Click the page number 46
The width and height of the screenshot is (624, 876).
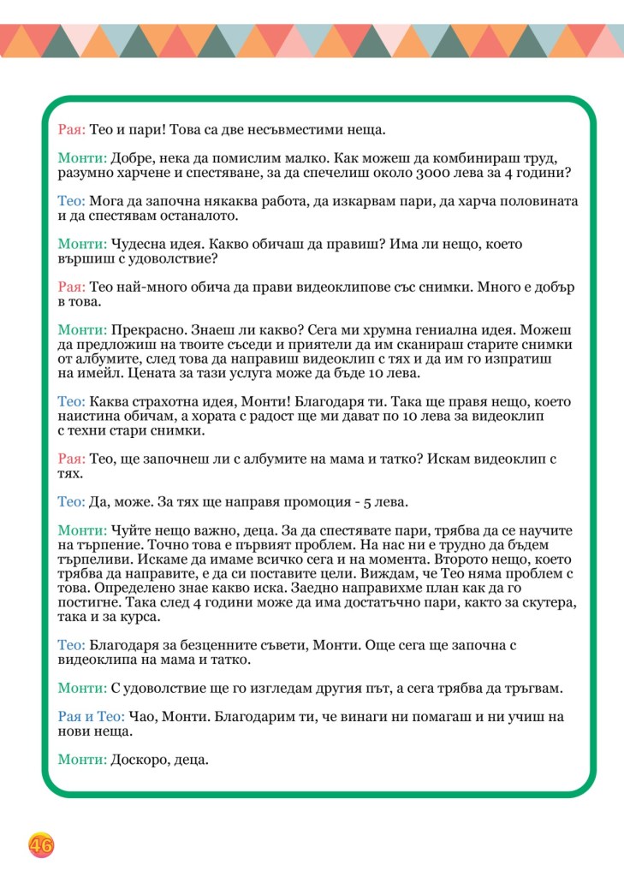[x=41, y=846]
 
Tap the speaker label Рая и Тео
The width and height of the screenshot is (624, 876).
[x=92, y=716]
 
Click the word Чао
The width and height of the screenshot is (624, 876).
[x=143, y=716]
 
